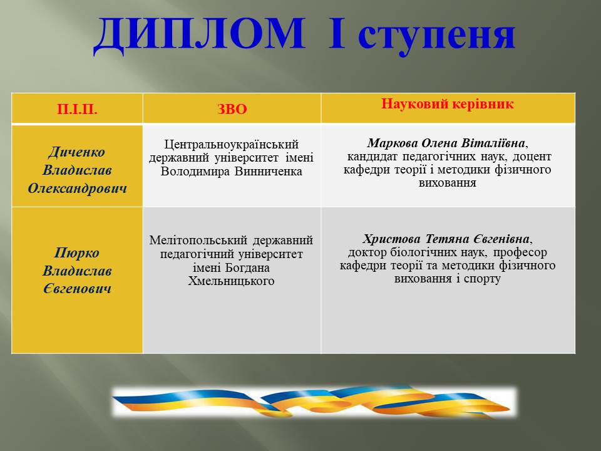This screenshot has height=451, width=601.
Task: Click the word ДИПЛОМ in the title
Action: [199, 35]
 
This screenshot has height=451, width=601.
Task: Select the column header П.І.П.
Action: [77, 109]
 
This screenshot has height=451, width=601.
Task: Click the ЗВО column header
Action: [232, 109]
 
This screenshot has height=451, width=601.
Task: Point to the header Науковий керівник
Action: [447, 104]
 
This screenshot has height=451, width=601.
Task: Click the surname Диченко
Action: [77, 152]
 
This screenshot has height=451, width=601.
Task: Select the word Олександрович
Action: [77, 189]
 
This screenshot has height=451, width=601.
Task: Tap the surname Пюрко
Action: [77, 252]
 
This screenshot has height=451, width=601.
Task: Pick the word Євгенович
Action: [77, 289]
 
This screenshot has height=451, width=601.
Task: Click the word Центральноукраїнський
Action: [232, 145]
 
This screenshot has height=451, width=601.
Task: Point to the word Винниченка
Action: [269, 171]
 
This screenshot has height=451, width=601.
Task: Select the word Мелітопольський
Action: [198, 241]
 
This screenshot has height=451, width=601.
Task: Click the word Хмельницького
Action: [231, 281]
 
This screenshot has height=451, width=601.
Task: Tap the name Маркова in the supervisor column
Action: [393, 143]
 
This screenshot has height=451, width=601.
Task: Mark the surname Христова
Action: [392, 239]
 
